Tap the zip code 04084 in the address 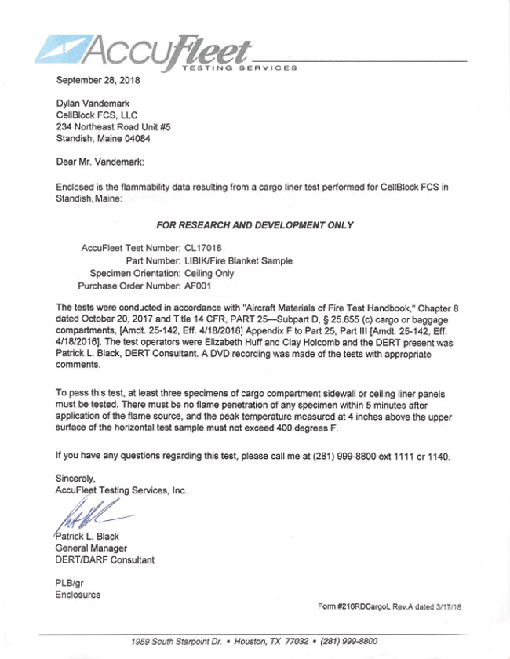(x=135, y=138)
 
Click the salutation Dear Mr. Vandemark (x=100, y=162)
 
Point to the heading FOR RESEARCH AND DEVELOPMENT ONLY (x=255, y=225)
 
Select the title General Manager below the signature (x=91, y=548)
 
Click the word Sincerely (x=75, y=478)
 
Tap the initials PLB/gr (x=71, y=583)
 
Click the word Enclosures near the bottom (x=78, y=595)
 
